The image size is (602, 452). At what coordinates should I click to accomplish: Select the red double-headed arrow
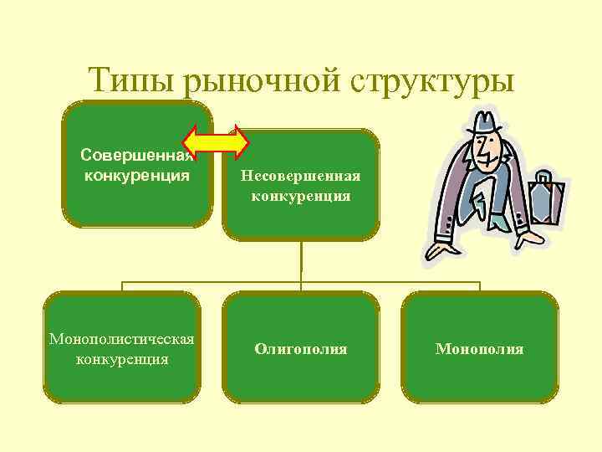coord(217,141)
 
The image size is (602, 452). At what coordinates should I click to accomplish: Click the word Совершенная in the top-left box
coord(137,156)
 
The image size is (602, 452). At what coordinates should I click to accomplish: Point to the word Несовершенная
coord(301,177)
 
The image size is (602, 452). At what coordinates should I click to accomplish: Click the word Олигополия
coord(301,348)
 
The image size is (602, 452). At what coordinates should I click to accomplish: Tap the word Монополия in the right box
coord(480,348)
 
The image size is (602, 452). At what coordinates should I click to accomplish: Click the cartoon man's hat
coord(483,126)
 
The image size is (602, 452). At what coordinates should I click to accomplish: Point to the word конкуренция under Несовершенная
coord(301,197)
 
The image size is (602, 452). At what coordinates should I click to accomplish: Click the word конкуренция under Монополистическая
coord(122,359)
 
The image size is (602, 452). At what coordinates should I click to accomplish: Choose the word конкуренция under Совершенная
coord(137,176)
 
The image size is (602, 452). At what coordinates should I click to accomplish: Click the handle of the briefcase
coord(544,176)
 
